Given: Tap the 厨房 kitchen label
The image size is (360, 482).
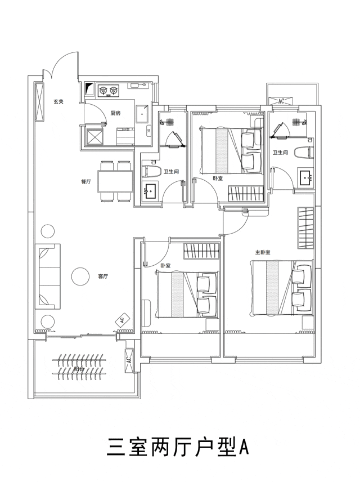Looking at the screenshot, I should (115, 113).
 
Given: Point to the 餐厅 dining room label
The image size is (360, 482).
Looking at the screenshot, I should (86, 182).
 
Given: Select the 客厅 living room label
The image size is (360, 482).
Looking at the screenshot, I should (103, 276).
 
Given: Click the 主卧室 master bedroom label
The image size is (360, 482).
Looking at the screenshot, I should (263, 252).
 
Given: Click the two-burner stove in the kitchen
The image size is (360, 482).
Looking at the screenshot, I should (109, 90).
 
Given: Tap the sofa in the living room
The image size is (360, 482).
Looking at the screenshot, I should (49, 276).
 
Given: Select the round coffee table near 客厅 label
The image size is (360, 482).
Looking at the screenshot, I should (79, 276).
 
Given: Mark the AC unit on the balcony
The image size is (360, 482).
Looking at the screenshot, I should (128, 358).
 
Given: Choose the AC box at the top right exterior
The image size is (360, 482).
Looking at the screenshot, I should (281, 101).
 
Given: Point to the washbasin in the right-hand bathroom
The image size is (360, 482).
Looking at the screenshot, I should (307, 177).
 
